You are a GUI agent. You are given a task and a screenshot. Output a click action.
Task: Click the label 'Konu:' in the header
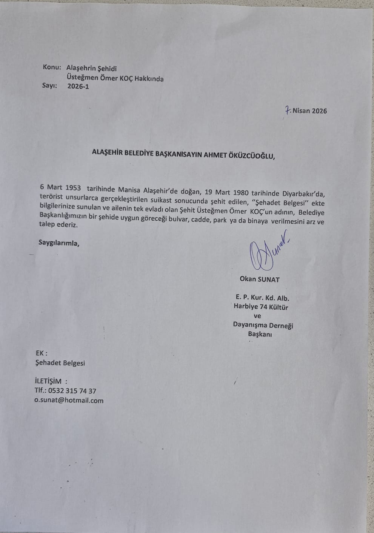52,67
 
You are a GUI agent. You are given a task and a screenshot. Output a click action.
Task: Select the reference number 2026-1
78,86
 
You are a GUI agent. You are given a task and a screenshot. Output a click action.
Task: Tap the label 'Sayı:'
50,86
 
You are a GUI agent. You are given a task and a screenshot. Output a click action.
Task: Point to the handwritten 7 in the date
288,111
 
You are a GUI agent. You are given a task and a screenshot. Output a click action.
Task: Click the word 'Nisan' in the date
301,111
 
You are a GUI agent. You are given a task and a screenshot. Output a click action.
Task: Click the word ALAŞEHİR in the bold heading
111,153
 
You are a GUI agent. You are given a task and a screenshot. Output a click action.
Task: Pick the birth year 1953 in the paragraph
73,187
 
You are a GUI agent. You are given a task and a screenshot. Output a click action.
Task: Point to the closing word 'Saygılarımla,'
59,243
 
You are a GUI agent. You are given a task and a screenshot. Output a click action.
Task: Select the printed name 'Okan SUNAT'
260,280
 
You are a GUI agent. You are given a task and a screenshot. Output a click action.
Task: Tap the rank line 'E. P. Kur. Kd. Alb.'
263,298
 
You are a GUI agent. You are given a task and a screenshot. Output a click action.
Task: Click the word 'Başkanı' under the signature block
260,334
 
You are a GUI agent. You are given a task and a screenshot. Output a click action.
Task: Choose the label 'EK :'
42,353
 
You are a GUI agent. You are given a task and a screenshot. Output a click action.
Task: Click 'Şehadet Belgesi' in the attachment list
60,363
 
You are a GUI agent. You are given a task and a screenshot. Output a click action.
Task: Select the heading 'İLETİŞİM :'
51,381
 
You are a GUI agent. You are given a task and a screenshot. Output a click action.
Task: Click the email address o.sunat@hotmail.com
69,401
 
